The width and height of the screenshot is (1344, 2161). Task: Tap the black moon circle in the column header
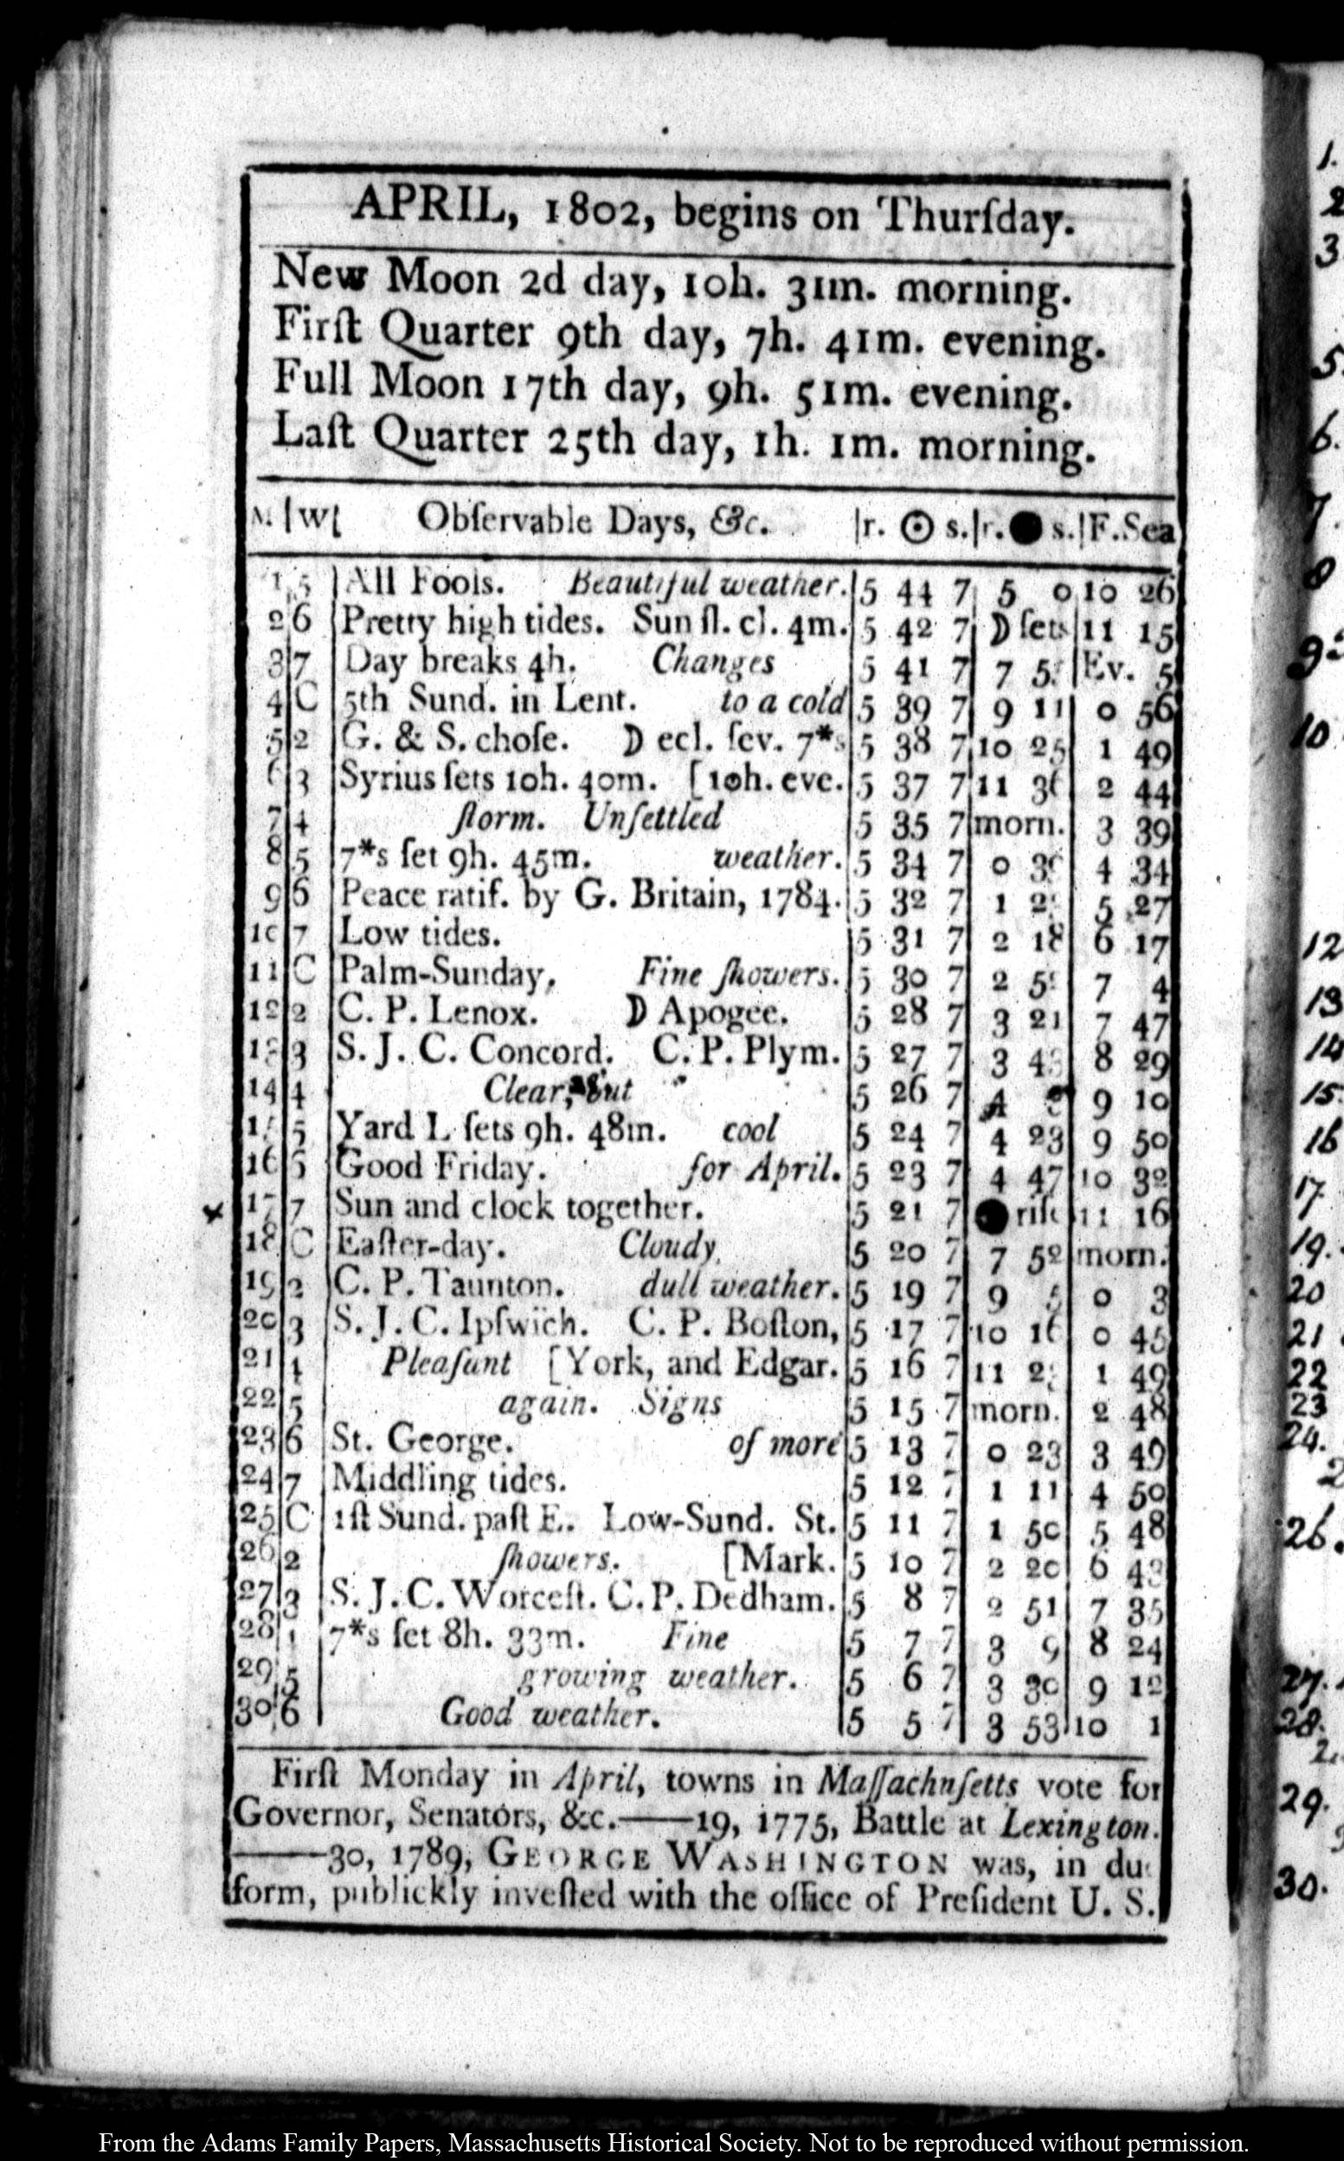pyautogui.click(x=1026, y=530)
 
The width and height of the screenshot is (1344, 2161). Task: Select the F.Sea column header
pyautogui.click(x=1130, y=531)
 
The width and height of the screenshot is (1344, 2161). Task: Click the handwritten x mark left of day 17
pyautogui.click(x=212, y=1213)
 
